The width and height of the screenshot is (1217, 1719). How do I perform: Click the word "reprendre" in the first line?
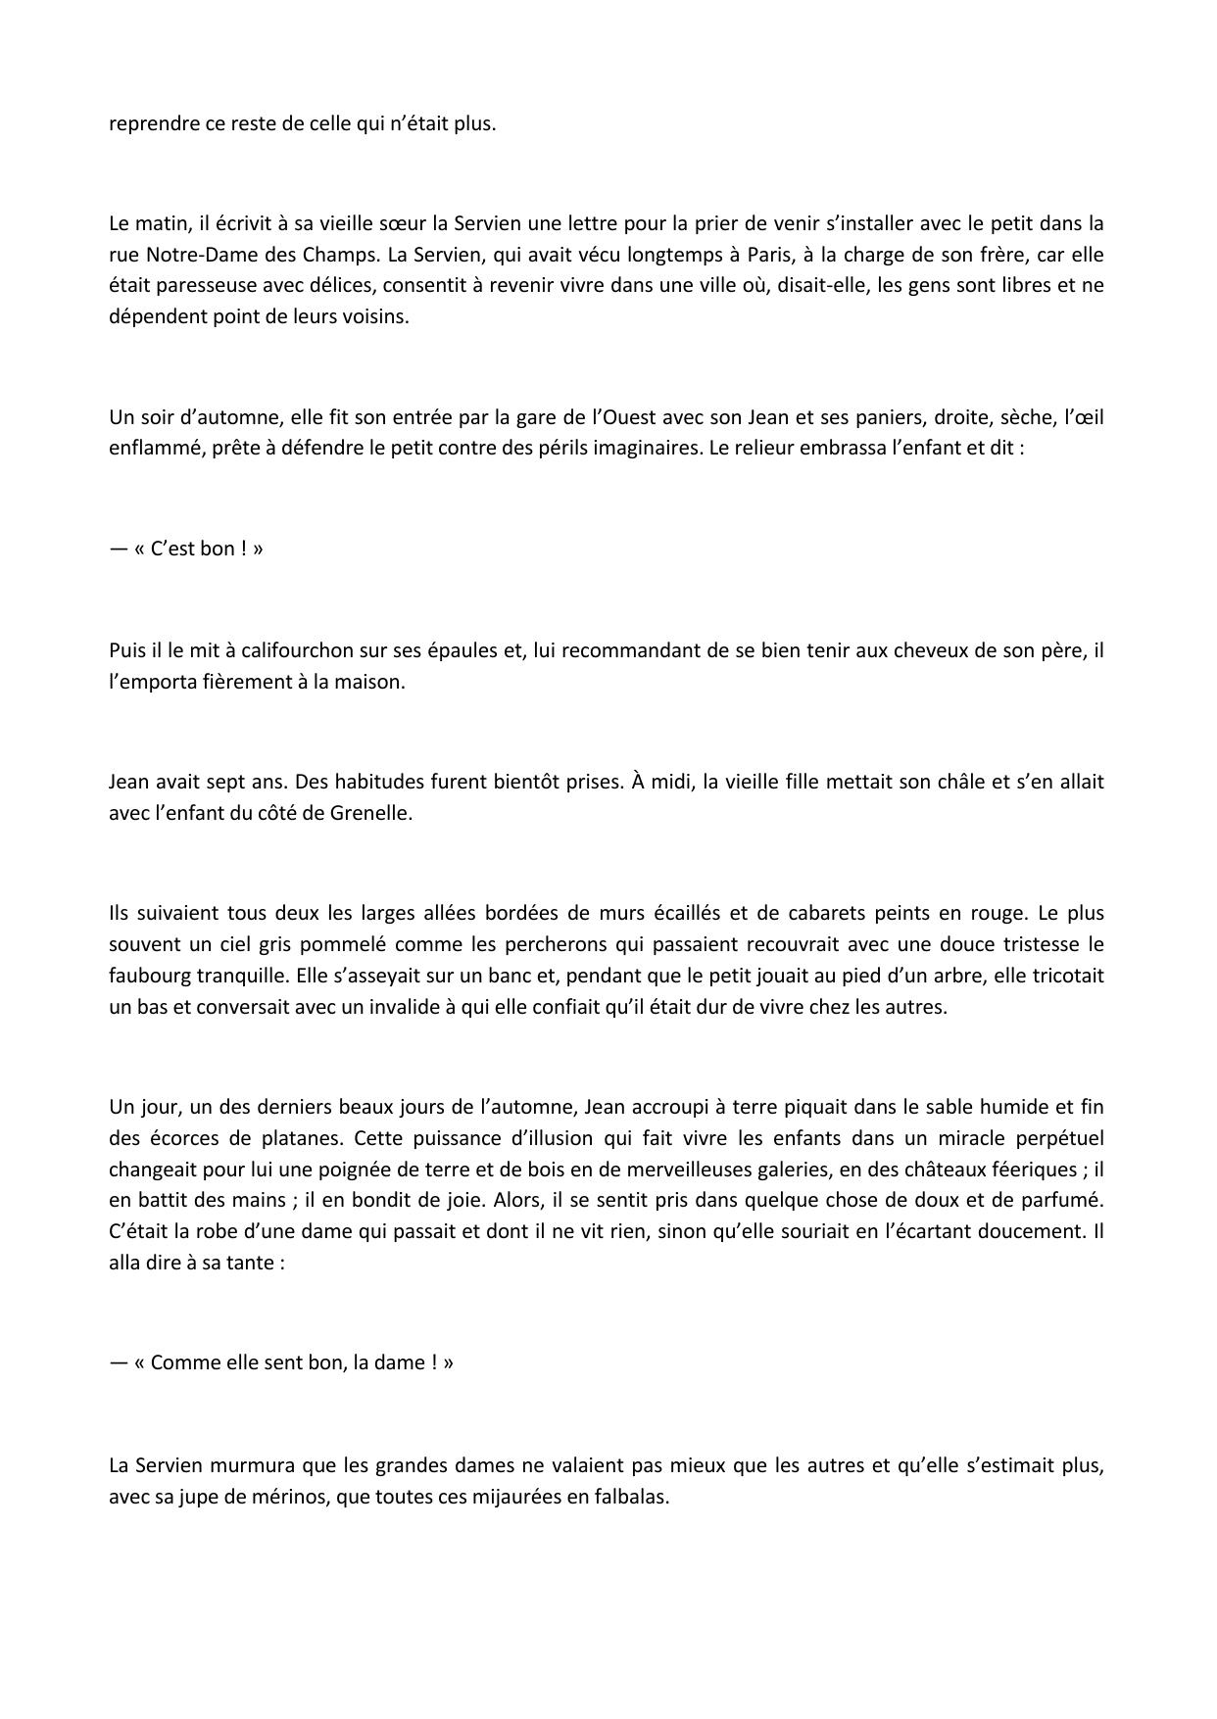pyautogui.click(x=148, y=124)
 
